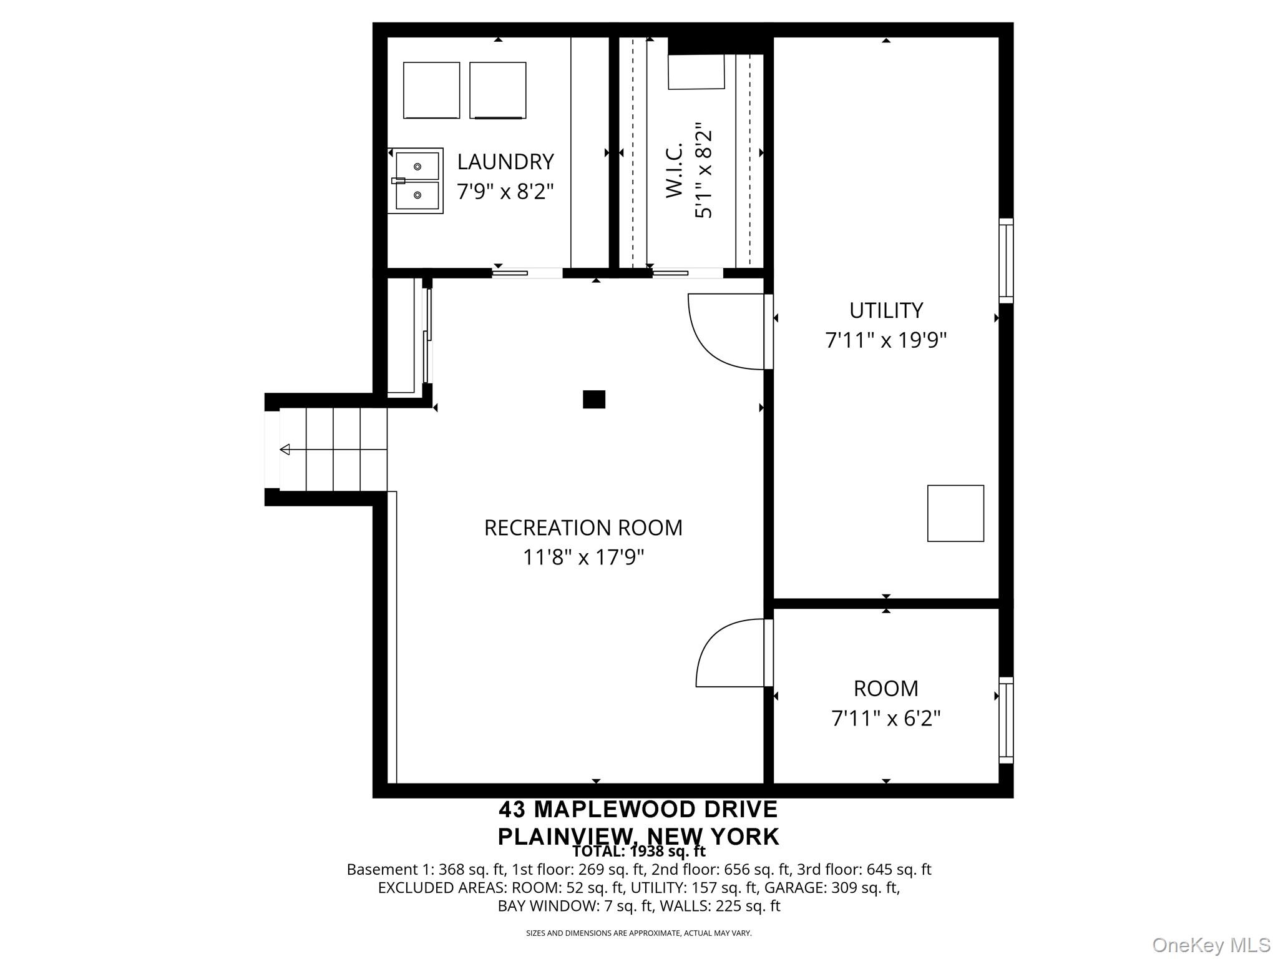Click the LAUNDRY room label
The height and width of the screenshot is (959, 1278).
pyautogui.click(x=505, y=162)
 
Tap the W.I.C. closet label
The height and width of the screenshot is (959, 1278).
pyautogui.click(x=675, y=170)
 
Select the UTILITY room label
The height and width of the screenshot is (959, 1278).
pyautogui.click(x=886, y=310)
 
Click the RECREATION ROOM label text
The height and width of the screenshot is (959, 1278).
pyautogui.click(x=583, y=528)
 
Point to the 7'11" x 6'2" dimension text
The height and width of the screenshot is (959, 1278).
pyautogui.click(x=886, y=719)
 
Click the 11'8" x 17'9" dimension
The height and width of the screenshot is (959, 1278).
pyautogui.click(x=583, y=557)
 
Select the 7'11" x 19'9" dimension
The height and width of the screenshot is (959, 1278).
pyautogui.click(x=886, y=340)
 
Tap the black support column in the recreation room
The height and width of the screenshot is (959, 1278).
pyautogui.click(x=594, y=400)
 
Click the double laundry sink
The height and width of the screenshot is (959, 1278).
pyautogui.click(x=416, y=181)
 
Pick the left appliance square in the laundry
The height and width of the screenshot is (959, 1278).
pyautogui.click(x=432, y=91)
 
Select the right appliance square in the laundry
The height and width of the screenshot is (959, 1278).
pyautogui.click(x=498, y=91)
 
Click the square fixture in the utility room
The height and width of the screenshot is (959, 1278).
pyautogui.click(x=955, y=513)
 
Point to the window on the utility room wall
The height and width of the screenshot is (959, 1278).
pyautogui.click(x=1006, y=261)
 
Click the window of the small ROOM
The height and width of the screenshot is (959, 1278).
pyautogui.click(x=1006, y=720)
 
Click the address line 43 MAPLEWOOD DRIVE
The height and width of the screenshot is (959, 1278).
pyautogui.click(x=638, y=810)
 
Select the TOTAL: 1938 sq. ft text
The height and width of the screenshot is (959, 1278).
pyautogui.click(x=639, y=851)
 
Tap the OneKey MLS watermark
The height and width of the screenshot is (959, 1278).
pyautogui.click(x=1211, y=945)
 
